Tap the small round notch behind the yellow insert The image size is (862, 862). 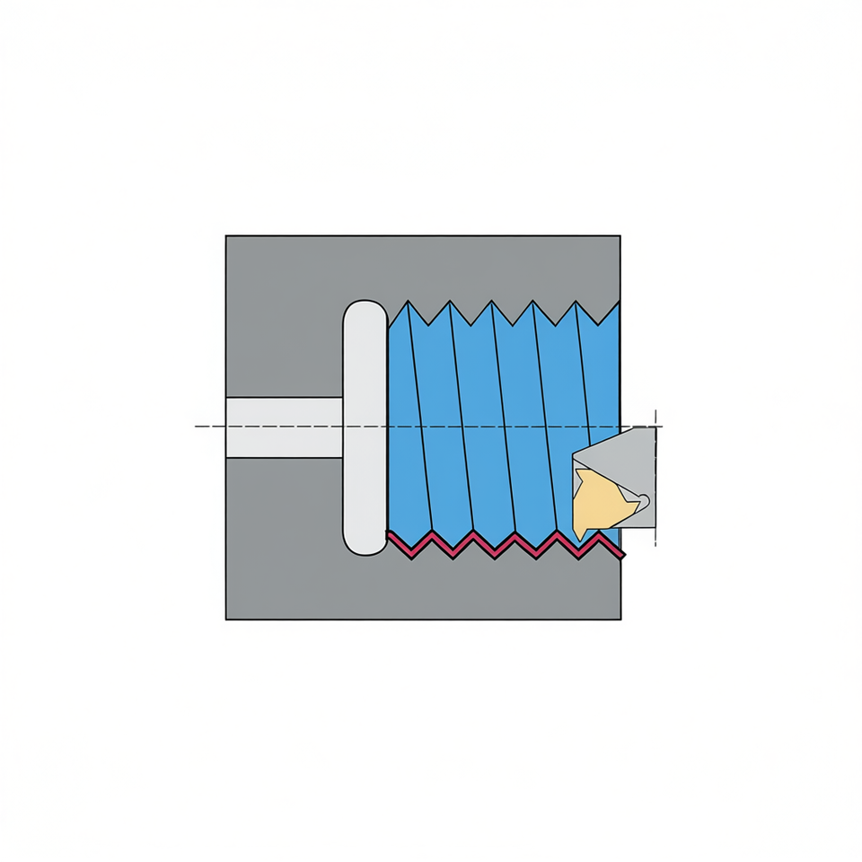coord(642,499)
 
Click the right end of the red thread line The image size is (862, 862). coord(624,558)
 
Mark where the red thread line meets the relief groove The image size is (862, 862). coord(389,534)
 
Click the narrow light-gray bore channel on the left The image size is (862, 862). coord(284,427)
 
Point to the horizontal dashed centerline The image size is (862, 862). coord(269,426)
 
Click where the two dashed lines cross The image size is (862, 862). coord(657,426)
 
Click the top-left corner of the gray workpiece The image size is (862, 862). coord(226,236)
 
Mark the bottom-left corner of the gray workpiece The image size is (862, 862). coord(226,619)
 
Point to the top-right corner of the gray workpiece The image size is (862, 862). coord(620,236)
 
